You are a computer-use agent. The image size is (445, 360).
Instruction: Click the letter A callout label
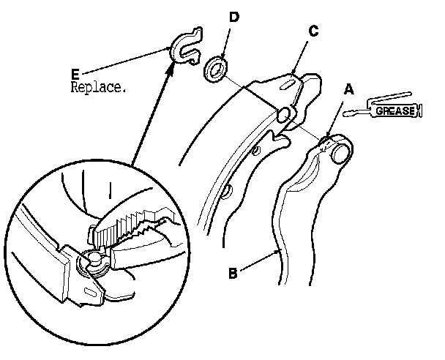[x=349, y=89]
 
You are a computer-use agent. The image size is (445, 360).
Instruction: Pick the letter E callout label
[x=76, y=73]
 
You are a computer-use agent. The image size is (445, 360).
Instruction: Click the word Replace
[x=99, y=86]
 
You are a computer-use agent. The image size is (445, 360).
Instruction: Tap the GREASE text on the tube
[x=395, y=111]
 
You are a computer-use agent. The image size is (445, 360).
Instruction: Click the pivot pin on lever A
[x=341, y=152]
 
